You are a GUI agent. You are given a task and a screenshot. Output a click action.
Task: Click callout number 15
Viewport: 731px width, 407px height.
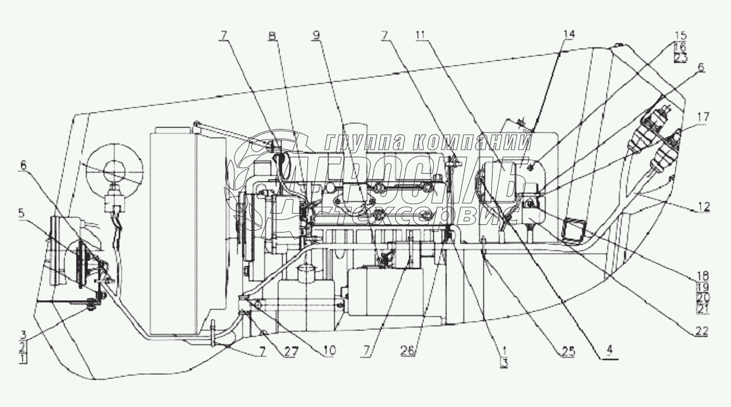[x=680, y=35]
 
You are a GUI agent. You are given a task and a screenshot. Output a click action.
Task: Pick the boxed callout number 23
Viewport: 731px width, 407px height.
[x=680, y=58]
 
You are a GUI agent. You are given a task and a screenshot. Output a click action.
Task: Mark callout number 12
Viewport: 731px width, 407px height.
[x=704, y=207]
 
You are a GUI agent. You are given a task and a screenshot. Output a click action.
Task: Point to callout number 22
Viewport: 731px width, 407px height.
[x=701, y=330]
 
